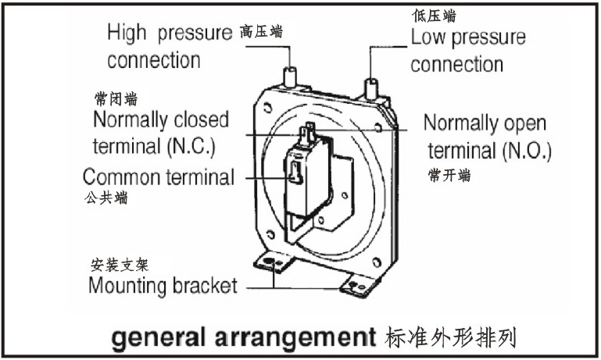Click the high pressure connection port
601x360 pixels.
pos(290,77)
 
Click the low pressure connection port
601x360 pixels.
pos(371,89)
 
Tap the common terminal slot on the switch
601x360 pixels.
pos(295,173)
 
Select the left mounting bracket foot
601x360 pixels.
pos(274,262)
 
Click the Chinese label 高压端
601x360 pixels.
pos(261,31)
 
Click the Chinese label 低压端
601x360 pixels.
pos(434,16)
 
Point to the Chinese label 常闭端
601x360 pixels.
pos(116,99)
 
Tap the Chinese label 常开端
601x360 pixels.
pos(449,176)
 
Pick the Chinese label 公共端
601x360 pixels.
pos(106,198)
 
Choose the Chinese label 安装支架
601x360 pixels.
pos(120,265)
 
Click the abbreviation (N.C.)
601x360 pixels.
pos(191,147)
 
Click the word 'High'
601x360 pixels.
pos(127,33)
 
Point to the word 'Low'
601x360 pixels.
pos(427,37)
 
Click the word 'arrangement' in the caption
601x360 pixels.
pos(295,338)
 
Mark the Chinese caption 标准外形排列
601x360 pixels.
pos(450,337)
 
